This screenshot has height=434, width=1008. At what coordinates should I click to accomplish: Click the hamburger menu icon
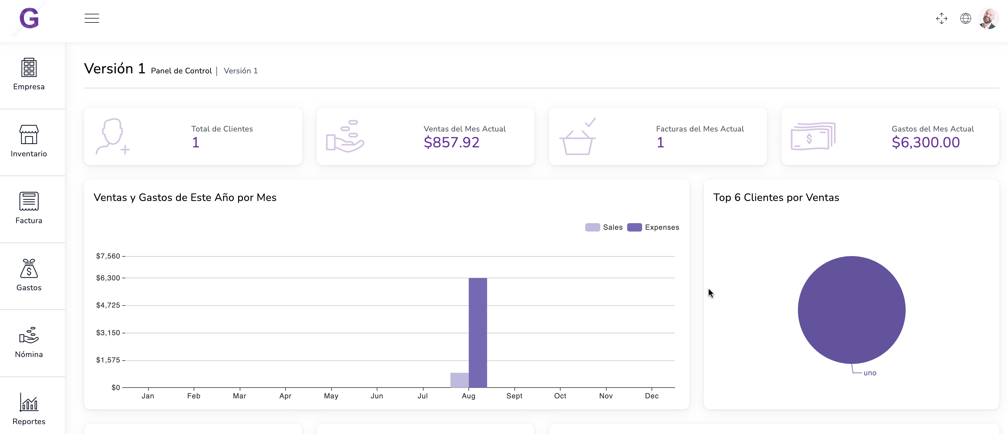(x=92, y=18)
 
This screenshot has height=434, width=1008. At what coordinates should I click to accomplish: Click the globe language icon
(x=965, y=18)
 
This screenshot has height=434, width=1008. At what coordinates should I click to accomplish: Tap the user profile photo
(x=989, y=18)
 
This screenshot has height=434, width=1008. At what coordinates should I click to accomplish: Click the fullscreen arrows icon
(x=942, y=18)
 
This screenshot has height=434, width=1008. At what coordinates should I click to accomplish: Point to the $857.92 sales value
(x=451, y=143)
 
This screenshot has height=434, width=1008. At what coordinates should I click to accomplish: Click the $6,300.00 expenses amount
(x=925, y=143)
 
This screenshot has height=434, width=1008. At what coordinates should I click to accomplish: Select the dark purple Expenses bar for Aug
(x=478, y=333)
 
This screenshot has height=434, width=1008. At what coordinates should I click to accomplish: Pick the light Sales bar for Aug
(x=459, y=380)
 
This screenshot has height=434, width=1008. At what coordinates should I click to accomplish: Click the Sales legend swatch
(x=592, y=228)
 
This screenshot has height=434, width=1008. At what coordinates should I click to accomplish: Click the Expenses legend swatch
(x=634, y=228)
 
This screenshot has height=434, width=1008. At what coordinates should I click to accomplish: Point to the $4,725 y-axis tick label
(x=108, y=305)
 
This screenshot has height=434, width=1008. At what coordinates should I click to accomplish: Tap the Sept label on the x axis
(x=514, y=396)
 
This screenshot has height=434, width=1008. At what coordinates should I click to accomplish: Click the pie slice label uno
(x=870, y=373)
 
